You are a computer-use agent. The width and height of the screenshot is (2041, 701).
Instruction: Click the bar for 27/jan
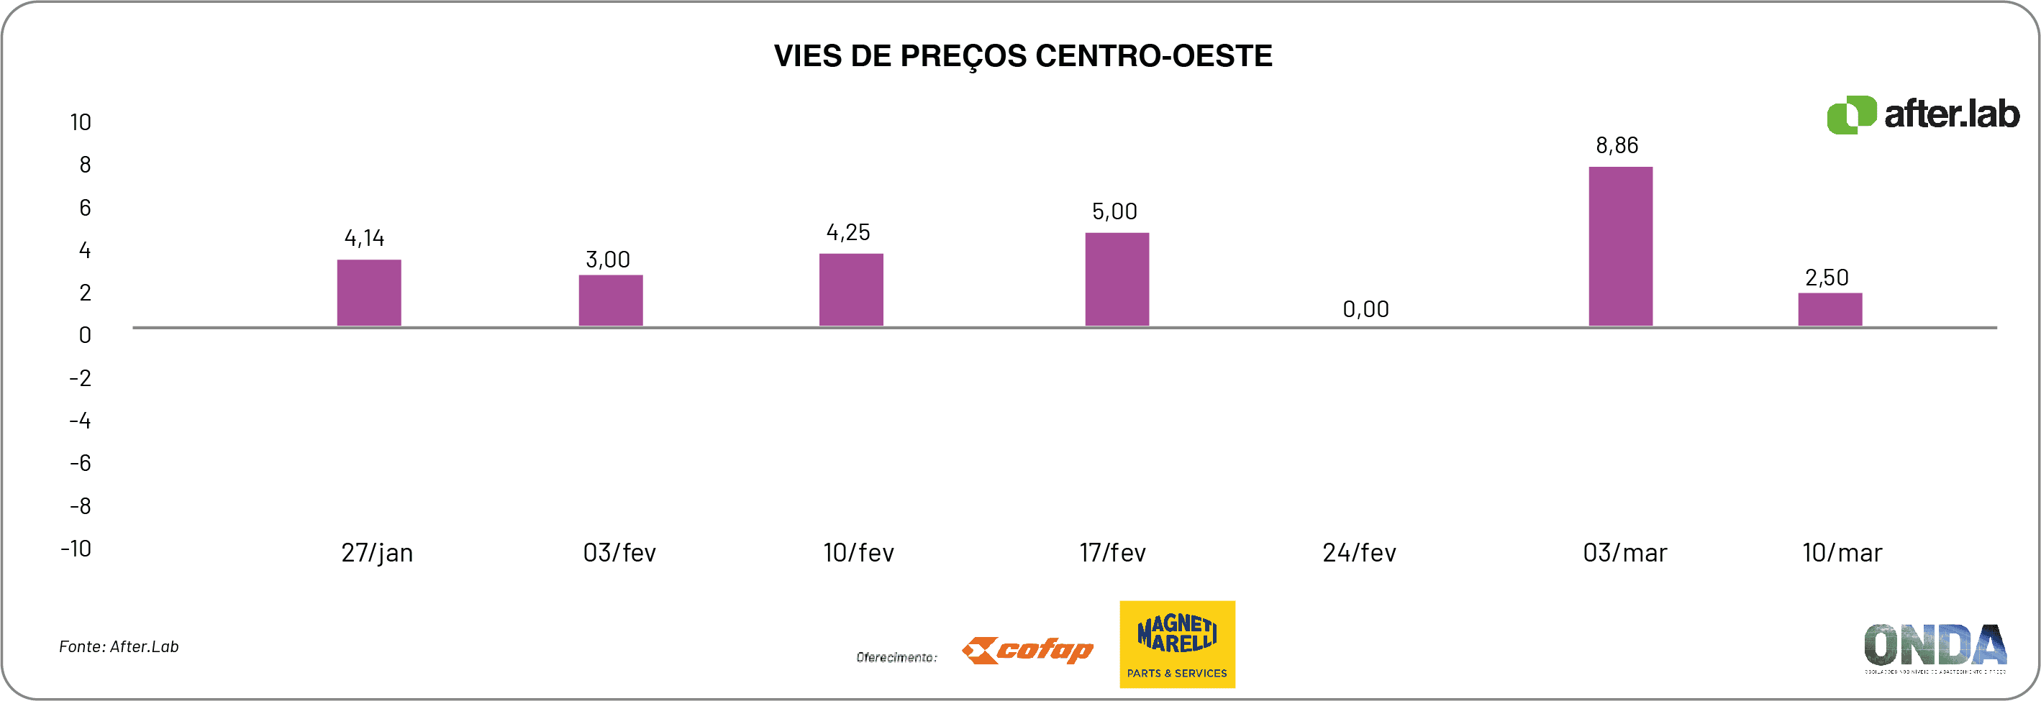pyautogui.click(x=369, y=293)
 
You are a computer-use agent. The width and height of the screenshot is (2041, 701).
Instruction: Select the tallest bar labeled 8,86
pyautogui.click(x=1620, y=247)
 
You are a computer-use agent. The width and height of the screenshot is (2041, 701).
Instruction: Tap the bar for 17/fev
pyautogui.click(x=1117, y=279)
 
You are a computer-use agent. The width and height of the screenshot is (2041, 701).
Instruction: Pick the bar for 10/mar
pyautogui.click(x=1829, y=309)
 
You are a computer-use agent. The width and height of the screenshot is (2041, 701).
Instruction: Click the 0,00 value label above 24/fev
pyautogui.click(x=1365, y=309)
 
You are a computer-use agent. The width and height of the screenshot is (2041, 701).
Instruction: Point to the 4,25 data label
pyautogui.click(x=847, y=232)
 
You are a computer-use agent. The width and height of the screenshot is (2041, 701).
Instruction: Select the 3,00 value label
pyautogui.click(x=608, y=260)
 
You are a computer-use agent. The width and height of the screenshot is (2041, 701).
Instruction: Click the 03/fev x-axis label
pyautogui.click(x=619, y=552)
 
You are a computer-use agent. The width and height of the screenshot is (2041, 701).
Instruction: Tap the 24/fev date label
pyautogui.click(x=1359, y=552)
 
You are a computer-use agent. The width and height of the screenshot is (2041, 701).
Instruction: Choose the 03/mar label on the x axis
pyautogui.click(x=1624, y=552)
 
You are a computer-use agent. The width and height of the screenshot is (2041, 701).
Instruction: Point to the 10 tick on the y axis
pyautogui.click(x=81, y=122)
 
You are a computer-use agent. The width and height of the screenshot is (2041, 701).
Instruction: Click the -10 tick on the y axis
pyautogui.click(x=77, y=548)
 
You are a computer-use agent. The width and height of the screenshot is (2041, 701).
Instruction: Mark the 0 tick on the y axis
pyautogui.click(x=85, y=335)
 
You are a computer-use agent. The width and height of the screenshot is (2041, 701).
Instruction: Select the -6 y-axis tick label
pyautogui.click(x=81, y=462)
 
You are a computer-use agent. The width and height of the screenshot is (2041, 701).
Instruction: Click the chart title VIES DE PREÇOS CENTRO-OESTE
pyautogui.click(x=1022, y=56)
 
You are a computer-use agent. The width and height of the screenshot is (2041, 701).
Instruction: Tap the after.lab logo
pyautogui.click(x=1923, y=115)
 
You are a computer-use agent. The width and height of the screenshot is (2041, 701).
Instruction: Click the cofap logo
pyautogui.click(x=1027, y=650)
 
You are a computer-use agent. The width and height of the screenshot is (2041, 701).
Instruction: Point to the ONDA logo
pyautogui.click(x=1935, y=646)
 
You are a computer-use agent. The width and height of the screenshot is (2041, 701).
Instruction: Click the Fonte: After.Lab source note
pyautogui.click(x=119, y=646)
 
